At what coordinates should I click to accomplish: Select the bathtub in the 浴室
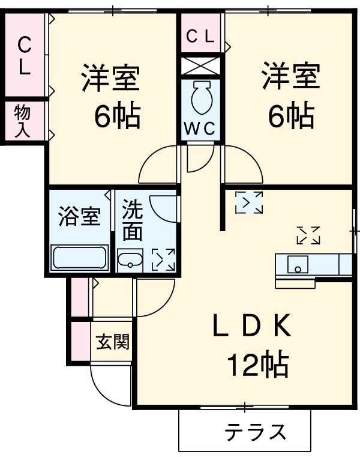79,258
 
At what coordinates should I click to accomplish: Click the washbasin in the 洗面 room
130,259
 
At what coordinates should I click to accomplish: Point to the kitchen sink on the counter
298,264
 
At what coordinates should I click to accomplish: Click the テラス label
256,432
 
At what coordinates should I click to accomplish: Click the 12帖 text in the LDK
257,363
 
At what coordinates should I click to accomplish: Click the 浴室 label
79,217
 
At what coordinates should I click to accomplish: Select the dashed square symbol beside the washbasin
163,259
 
